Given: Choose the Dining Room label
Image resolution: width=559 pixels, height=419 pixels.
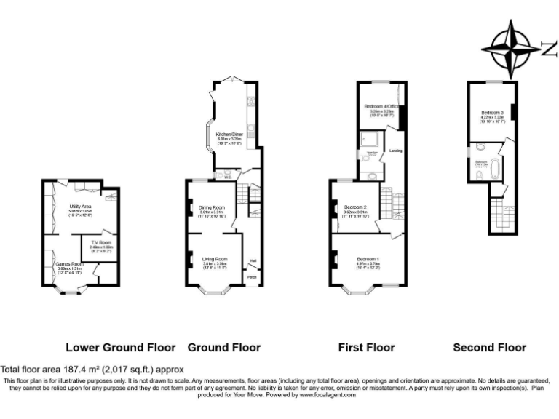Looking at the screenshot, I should [212, 207].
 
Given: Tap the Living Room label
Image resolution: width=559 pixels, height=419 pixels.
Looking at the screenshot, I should [215, 259].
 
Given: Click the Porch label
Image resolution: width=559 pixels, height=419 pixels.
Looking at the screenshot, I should [252, 277].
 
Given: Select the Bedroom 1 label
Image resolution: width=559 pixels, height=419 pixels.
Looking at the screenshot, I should [368, 259].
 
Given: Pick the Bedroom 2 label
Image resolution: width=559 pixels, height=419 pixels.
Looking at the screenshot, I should [354, 207].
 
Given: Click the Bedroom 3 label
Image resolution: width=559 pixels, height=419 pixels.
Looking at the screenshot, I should [493, 112].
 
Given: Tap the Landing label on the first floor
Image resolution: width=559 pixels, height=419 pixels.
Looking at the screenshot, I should [396, 151].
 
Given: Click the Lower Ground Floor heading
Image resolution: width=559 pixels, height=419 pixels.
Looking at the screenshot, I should [120, 348].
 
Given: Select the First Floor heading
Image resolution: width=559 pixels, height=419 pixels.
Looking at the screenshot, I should [366, 348].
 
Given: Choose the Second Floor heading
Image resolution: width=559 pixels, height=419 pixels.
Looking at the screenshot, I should [489, 348].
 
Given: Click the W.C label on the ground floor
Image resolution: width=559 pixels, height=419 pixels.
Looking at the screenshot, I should [228, 176].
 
